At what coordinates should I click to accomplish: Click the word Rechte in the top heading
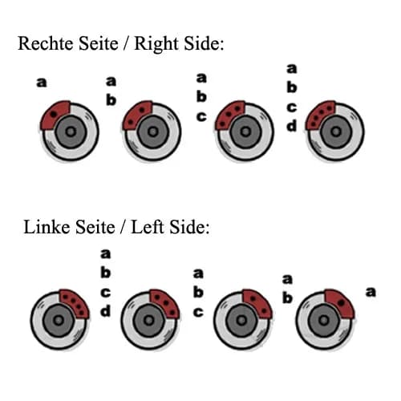tap(47, 43)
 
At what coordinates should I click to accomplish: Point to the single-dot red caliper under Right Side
tap(55, 115)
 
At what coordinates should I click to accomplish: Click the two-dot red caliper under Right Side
tap(137, 115)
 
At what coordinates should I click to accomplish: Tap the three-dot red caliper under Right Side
tap(229, 115)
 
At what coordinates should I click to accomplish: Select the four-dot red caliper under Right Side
tap(320, 115)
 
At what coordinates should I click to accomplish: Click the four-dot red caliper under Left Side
tap(75, 303)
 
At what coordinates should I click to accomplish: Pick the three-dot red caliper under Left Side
tap(165, 303)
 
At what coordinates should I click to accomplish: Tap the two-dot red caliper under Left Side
tap(257, 303)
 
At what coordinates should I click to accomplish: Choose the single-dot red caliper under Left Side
tap(340, 303)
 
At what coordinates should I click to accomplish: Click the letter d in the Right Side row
tap(292, 126)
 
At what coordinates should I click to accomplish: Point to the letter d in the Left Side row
tap(106, 311)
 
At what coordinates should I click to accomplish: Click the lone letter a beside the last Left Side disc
tap(371, 292)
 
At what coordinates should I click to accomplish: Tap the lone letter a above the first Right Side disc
tap(42, 83)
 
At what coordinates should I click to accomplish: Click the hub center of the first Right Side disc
tap(71, 132)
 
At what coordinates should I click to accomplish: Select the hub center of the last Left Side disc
tap(324, 320)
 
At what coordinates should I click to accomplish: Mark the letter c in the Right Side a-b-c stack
tap(201, 117)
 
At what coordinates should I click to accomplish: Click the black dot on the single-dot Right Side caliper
tap(54, 114)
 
